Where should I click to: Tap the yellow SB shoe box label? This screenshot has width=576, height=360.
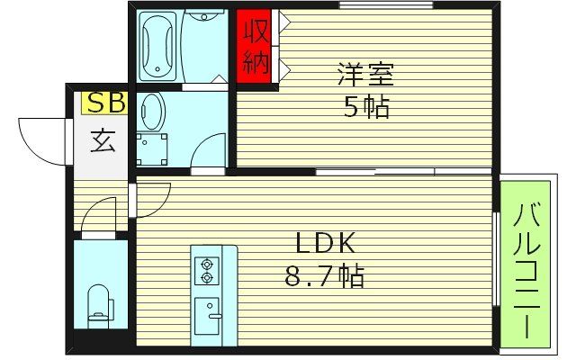pos(104,103)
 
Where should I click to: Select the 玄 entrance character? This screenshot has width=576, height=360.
pos(102,140)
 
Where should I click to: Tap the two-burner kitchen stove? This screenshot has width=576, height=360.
pos(209,271)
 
